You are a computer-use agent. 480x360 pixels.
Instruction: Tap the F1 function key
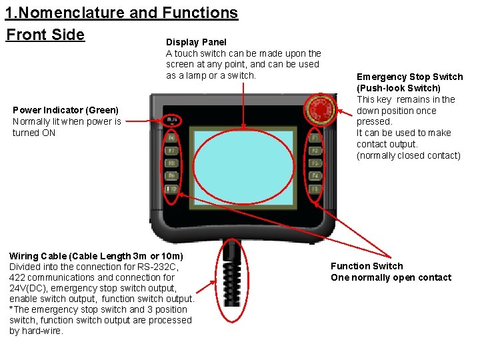pyautogui.click(x=315, y=138)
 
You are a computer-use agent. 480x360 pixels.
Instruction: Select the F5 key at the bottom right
pyautogui.click(x=315, y=189)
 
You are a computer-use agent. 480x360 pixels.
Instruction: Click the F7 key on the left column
pyautogui.click(x=171, y=151)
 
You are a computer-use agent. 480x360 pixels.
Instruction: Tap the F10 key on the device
pyautogui.click(x=171, y=189)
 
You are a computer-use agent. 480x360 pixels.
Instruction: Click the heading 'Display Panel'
pyautogui.click(x=196, y=42)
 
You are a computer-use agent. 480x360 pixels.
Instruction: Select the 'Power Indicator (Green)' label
pyautogui.click(x=65, y=110)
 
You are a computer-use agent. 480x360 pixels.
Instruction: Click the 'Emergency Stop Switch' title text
pyautogui.click(x=409, y=77)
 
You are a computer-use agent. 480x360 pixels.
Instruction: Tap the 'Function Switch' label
pyautogui.click(x=367, y=266)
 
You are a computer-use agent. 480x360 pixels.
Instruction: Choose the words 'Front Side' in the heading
pyautogui.click(x=45, y=35)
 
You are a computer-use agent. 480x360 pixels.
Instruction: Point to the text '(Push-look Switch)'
pyautogui.click(x=399, y=88)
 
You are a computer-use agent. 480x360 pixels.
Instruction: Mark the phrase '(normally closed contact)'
pyautogui.click(x=408, y=155)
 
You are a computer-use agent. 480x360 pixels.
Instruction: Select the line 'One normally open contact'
pyautogui.click(x=391, y=277)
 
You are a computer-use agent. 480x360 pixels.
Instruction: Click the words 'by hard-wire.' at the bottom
pyautogui.click(x=37, y=331)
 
